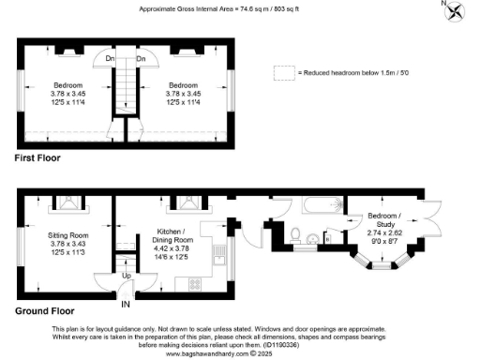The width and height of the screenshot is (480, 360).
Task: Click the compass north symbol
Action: point(455,11)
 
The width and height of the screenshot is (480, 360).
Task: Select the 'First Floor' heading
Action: point(37,158)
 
